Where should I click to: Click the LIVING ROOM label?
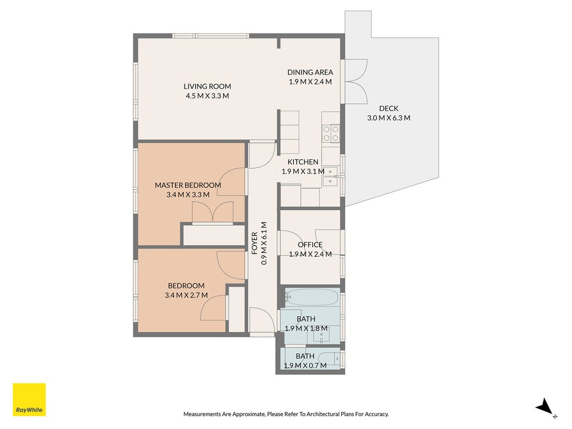click(x=207, y=86)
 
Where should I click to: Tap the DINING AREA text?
click(x=310, y=72)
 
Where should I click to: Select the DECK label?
click(x=389, y=108)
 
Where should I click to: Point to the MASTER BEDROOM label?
click(x=188, y=185)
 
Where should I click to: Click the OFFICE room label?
click(x=310, y=245)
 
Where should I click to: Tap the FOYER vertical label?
click(x=255, y=243)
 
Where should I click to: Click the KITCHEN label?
click(x=303, y=162)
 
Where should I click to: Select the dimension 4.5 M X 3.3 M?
click(x=207, y=96)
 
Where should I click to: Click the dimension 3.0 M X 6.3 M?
click(x=389, y=118)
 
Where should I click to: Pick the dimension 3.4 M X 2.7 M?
click(x=186, y=295)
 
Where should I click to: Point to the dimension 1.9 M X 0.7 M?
click(x=305, y=366)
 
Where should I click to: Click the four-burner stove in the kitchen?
click(x=331, y=133)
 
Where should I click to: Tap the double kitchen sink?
click(x=331, y=176)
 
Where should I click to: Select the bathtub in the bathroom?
click(x=312, y=297)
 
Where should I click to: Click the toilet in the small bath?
click(x=329, y=359)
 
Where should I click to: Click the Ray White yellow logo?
click(x=29, y=400)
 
